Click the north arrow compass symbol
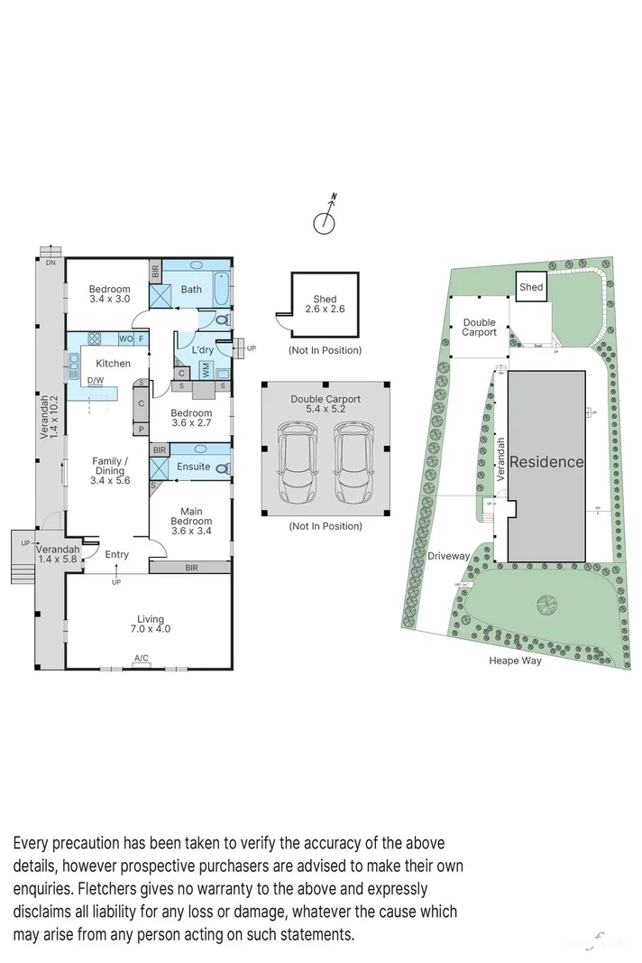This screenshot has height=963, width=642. point(326,218)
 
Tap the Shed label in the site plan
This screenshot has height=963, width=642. point(531,287)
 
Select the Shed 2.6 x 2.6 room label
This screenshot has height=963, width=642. point(325,304)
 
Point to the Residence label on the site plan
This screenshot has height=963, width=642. point(546,461)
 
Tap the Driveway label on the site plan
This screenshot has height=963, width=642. point(448,556)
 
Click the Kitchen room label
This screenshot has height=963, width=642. point(114,364)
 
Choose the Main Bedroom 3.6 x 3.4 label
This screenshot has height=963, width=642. point(191,515)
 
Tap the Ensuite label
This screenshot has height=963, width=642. point(194,467)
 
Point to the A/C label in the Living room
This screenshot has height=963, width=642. point(142,660)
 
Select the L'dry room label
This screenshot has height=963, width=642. point(201,348)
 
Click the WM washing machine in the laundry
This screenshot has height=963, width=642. point(206,370)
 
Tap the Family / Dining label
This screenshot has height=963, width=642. point(109,470)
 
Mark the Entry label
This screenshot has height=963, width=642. point(116,554)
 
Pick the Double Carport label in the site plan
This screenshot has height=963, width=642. point(480,327)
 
